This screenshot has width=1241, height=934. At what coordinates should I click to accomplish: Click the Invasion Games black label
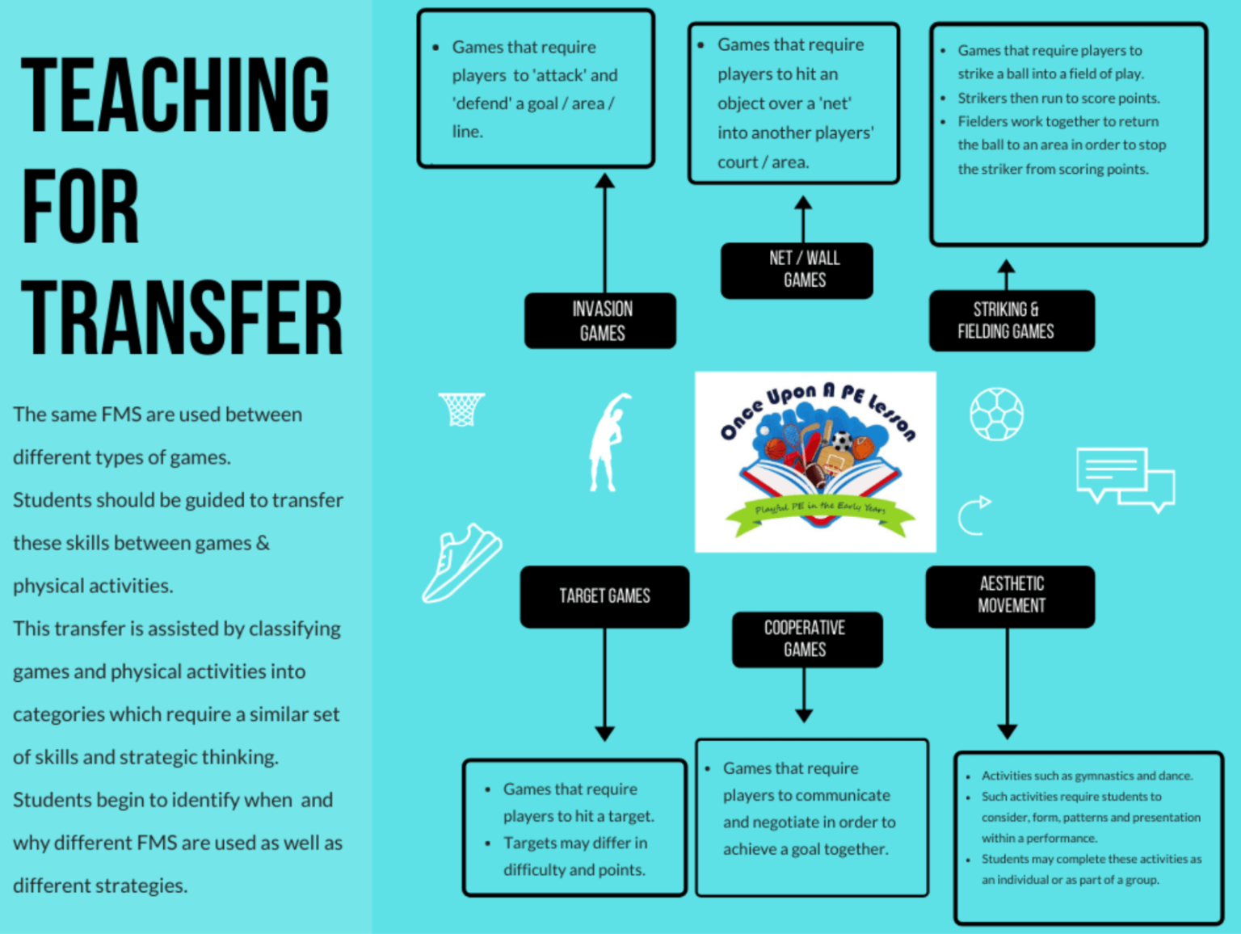tap(600, 321)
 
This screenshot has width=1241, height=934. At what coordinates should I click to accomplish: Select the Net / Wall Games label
tap(797, 270)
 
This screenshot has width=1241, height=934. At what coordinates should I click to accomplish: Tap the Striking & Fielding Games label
tap(1012, 321)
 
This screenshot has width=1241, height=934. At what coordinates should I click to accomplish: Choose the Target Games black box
tap(604, 596)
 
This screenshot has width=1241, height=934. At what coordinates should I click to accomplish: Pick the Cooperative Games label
tap(806, 639)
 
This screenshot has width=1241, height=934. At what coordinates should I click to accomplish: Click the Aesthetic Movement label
tap(1010, 595)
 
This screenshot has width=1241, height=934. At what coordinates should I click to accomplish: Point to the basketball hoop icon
tap(461, 408)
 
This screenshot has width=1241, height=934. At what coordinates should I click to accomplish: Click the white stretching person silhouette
tap(608, 442)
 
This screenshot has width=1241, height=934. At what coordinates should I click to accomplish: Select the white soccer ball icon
tap(996, 414)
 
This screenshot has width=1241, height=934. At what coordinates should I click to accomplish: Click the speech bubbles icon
tap(1124, 478)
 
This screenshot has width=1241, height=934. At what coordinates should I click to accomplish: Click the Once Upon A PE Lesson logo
tap(815, 461)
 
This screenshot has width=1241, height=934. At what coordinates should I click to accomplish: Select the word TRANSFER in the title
tap(182, 318)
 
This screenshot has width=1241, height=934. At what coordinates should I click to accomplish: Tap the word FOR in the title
tap(80, 207)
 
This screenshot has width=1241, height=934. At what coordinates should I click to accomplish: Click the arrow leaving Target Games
tap(604, 684)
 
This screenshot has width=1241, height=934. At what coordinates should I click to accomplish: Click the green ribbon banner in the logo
tap(820, 512)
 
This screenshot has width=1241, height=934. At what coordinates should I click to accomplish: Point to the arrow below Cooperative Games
tap(804, 695)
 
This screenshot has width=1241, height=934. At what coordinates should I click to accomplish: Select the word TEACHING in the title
tap(175, 95)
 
